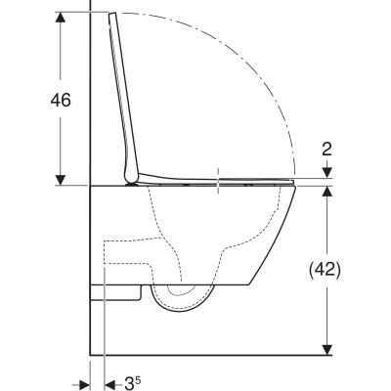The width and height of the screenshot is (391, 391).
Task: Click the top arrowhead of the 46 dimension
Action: click(x=62, y=18)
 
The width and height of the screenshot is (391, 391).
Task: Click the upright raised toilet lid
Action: click(x=124, y=98)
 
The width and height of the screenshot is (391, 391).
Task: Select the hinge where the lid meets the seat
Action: click(x=132, y=179)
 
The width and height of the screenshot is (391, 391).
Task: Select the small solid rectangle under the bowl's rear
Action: click(x=118, y=290)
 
